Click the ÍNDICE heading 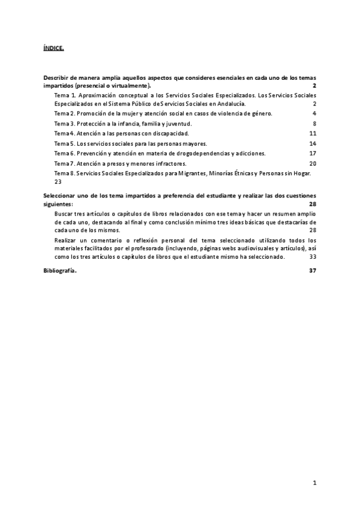(53, 47)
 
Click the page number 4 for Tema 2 (314, 113)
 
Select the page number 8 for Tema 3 (314, 124)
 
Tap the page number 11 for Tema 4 (313, 133)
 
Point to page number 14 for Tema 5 (313, 143)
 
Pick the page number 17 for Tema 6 (313, 154)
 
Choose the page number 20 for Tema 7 (313, 163)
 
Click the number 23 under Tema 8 (58, 182)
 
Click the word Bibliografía (60, 271)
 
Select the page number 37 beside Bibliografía (313, 271)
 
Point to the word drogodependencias (199, 154)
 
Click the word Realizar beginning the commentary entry (65, 240)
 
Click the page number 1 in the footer (314, 483)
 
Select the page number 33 (313, 256)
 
